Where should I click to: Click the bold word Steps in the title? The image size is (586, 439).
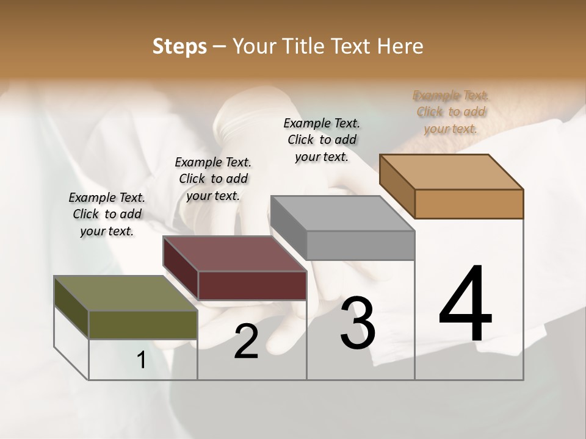pyautogui.click(x=179, y=46)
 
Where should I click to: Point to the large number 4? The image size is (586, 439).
pyautogui.click(x=466, y=304)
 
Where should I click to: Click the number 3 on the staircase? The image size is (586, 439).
pyautogui.click(x=358, y=323)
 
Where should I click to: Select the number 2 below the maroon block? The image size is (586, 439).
pyautogui.click(x=246, y=341)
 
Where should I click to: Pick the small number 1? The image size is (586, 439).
pyautogui.click(x=142, y=360)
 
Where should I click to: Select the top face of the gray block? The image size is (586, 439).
pyautogui.click(x=342, y=213)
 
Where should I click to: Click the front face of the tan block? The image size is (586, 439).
pyautogui.click(x=469, y=204)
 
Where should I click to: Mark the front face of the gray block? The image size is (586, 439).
pyautogui.click(x=360, y=245)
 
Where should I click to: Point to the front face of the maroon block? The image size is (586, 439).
pyautogui.click(x=252, y=285)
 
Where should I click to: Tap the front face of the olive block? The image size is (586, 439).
pyautogui.click(x=143, y=324)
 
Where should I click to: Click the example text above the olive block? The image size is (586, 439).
pyautogui.click(x=107, y=214)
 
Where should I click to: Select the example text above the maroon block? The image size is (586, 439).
pyautogui.click(x=213, y=179)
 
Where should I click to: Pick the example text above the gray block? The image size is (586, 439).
pyautogui.click(x=322, y=140)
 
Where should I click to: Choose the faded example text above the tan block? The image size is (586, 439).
pyautogui.click(x=451, y=112)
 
